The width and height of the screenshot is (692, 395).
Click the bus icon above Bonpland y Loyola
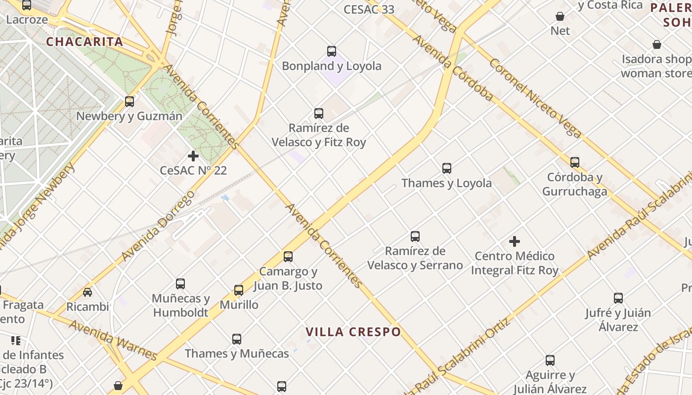click(332, 51)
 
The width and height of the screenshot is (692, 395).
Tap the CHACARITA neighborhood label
click(85, 41)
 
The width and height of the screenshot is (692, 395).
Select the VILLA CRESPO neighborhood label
click(353, 332)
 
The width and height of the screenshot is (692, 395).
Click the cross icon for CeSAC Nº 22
click(193, 157)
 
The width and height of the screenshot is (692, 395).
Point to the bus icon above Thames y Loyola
click(447, 168)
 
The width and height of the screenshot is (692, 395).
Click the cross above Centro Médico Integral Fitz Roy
click(515, 241)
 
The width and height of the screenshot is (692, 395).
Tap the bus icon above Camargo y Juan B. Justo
click(288, 257)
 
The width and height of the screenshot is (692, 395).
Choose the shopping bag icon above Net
click(560, 17)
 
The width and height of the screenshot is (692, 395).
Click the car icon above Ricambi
click(87, 292)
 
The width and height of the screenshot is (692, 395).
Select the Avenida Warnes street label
click(113, 341)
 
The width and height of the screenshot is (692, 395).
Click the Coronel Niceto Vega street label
click(535, 98)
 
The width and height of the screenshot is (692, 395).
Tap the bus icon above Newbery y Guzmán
click(130, 102)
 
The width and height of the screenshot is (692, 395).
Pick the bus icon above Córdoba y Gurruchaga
click(575, 162)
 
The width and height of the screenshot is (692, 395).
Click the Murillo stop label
click(239, 305)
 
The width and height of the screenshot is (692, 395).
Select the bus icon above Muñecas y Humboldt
click(180, 284)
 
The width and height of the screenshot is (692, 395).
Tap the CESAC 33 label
click(369, 9)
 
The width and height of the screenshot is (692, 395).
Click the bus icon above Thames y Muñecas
click(237, 339)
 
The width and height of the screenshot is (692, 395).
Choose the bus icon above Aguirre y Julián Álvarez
click(550, 360)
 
